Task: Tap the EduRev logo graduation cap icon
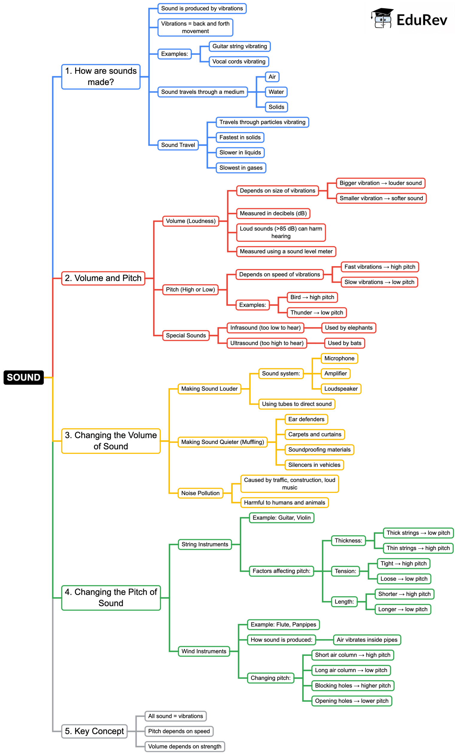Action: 382,18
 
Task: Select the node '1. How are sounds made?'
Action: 101,77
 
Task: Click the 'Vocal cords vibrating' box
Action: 239,62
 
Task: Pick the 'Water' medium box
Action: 276,92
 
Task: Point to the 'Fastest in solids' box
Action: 240,137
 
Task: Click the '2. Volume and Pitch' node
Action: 103,278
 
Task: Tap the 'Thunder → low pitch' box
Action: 316,312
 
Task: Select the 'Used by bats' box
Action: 344,343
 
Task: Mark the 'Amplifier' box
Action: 335,373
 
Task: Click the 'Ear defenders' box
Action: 306,419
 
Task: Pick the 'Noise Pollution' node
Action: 200,493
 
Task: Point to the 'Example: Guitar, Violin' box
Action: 281,517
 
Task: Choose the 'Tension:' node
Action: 345,571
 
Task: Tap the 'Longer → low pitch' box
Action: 403,609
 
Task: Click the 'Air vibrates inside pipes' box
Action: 367,639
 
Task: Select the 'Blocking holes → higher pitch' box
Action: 353,686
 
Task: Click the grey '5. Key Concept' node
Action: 94,731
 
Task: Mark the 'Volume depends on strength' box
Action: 185,746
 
